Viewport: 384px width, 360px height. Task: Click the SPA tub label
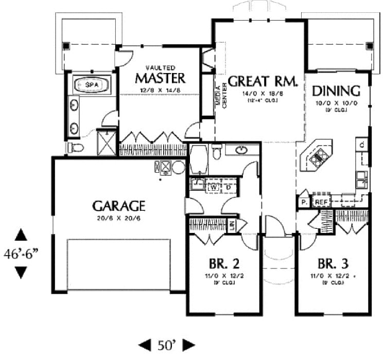92,84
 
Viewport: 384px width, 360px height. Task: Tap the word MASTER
160,78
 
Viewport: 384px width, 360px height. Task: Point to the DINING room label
336,91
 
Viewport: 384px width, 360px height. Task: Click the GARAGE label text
119,206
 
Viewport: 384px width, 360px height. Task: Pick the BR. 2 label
224,264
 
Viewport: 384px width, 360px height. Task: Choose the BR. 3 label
333,264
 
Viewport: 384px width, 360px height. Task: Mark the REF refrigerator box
322,202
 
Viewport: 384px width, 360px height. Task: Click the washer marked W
213,187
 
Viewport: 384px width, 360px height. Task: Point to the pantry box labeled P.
304,202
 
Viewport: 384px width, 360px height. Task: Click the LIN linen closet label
232,225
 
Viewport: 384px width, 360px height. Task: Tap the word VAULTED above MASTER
160,67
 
